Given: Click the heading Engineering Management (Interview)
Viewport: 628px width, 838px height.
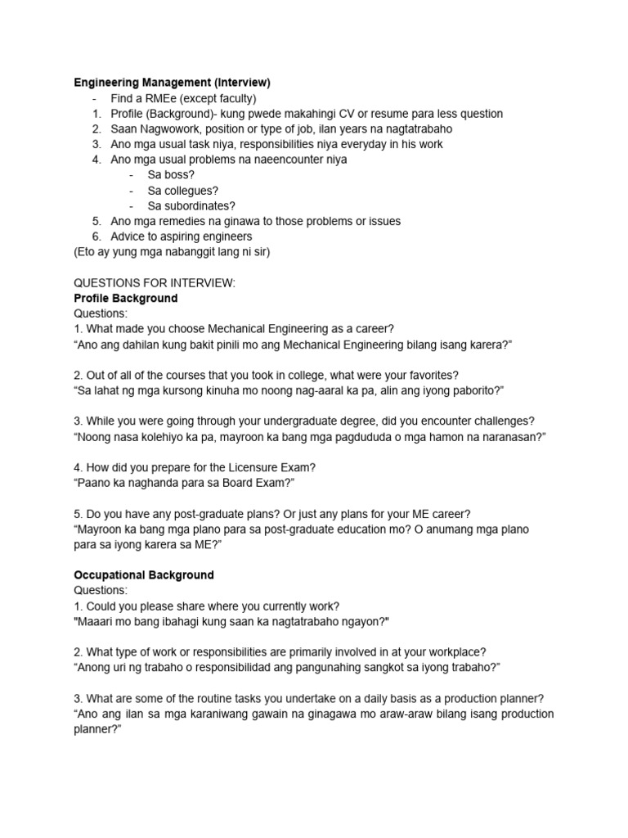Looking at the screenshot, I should click(172, 83).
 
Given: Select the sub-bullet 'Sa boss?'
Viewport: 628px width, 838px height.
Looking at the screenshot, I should click(171, 175).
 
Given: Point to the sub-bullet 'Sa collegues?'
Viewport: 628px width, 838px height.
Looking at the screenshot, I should click(183, 191).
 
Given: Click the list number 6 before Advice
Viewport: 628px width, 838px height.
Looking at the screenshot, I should click(96, 237).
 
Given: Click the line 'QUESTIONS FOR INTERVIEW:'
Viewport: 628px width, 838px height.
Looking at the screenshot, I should click(155, 283).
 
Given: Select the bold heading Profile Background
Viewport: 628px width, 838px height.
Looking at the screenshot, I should click(125, 298).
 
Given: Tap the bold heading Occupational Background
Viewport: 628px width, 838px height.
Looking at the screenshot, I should click(144, 574).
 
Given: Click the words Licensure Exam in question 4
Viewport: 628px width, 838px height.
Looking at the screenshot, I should click(272, 467).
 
